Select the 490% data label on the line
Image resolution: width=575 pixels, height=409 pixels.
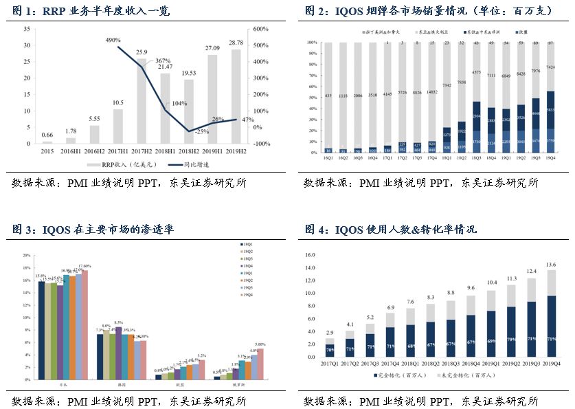(x=113, y=41)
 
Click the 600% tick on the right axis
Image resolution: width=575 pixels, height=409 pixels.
(x=262, y=29)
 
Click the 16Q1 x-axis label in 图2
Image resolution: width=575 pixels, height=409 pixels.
(x=328, y=157)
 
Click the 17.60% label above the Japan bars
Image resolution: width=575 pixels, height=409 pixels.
(x=84, y=266)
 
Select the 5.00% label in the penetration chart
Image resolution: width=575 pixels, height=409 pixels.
(x=260, y=344)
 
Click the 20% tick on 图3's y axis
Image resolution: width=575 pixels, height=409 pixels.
(x=27, y=255)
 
